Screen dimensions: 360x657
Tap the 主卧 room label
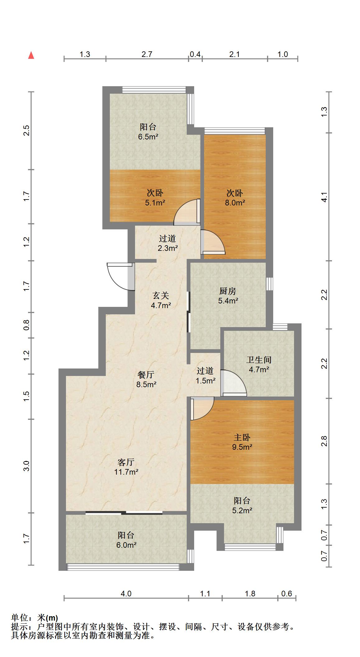[x=242, y=437]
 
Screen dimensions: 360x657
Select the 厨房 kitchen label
[x=228, y=291]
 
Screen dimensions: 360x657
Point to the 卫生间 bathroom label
[x=259, y=360]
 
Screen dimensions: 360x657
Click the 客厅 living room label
[x=126, y=462]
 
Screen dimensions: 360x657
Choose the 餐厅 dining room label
[x=146, y=374]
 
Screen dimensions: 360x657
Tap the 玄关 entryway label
[x=161, y=295]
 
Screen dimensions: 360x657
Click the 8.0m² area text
[x=235, y=203]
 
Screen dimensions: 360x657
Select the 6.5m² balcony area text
[x=148, y=137]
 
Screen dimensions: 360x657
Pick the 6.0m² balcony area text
[x=126, y=545]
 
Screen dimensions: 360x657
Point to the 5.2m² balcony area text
[x=242, y=510]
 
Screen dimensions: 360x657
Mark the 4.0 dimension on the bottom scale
[x=126, y=594]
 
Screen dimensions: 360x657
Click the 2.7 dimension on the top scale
[x=147, y=54]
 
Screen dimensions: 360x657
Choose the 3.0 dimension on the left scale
[x=26, y=466]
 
